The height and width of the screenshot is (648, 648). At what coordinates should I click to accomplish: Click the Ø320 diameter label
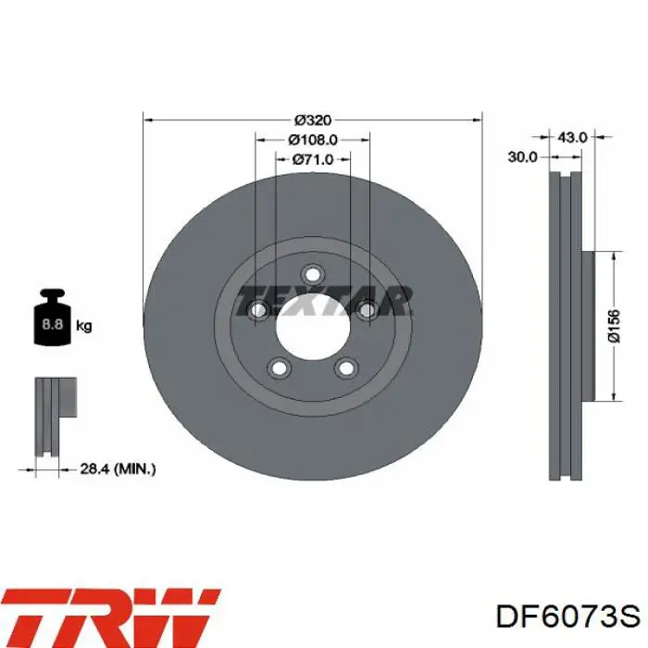313,120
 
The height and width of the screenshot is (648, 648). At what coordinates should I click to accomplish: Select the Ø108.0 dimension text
313,140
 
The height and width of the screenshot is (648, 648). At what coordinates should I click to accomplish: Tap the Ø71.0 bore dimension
313,159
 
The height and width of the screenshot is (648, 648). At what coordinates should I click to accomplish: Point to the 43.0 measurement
572,137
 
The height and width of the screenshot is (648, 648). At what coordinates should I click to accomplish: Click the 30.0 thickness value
522,157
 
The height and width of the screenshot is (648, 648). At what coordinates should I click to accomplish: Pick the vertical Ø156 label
615,326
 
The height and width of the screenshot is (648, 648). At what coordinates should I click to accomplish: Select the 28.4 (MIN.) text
118,469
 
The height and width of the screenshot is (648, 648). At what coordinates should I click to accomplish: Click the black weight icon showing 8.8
53,318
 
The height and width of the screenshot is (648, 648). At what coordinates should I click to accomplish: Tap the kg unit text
84,327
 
